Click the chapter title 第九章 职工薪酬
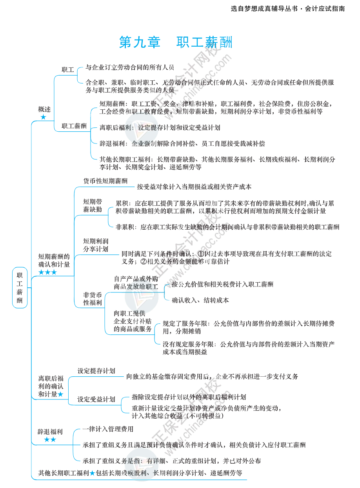[175, 42]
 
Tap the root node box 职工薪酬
[20, 287]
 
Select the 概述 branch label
[44, 109]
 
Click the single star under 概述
[43, 117]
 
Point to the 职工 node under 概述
[67, 70]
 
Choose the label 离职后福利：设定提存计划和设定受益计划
[160, 127]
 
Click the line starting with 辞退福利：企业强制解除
[182, 143]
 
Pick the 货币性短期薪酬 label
[105, 181]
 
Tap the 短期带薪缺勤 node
[93, 206]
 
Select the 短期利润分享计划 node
[95, 245]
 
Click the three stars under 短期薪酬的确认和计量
[47, 272]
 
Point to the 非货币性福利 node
[93, 299]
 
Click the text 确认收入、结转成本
[200, 300]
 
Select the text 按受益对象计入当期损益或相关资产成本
[194, 187]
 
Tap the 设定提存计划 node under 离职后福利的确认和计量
[96, 371]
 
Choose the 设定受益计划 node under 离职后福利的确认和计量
[96, 399]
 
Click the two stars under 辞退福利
[50, 439]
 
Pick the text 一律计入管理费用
[108, 429]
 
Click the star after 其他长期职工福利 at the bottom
[92, 473]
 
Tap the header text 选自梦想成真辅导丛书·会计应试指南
[288, 8]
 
